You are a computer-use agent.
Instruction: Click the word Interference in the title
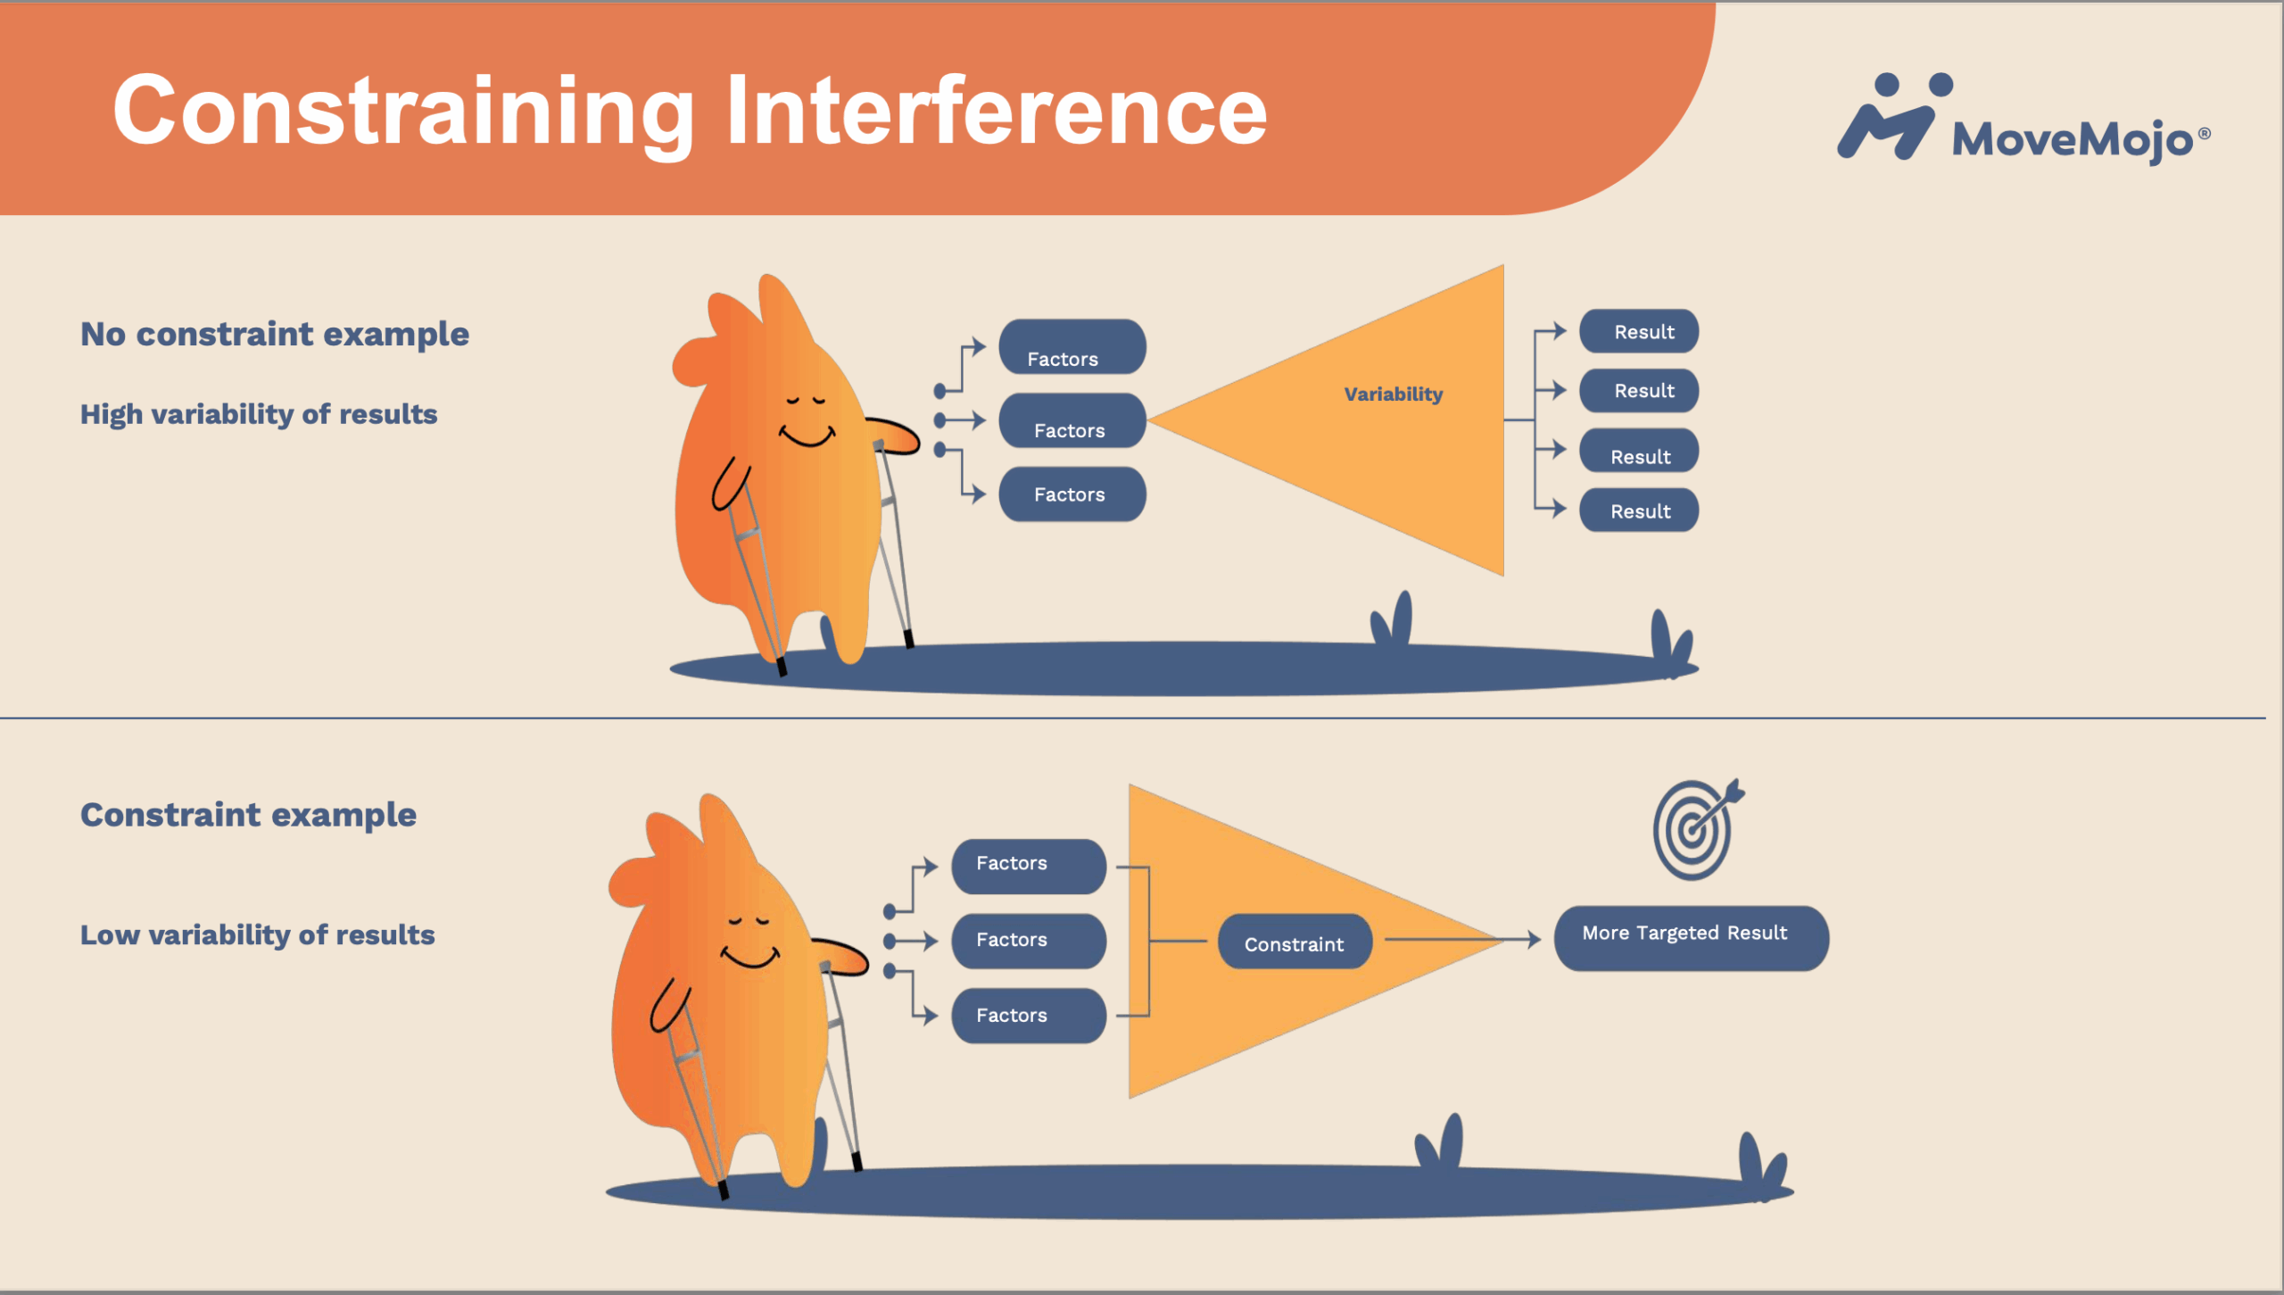click(x=997, y=112)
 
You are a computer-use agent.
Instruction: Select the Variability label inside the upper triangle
click(x=1393, y=394)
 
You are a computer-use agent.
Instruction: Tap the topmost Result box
click(x=1639, y=331)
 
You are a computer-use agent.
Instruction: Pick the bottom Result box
click(x=1639, y=511)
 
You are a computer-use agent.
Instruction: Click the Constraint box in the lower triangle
click(x=1295, y=942)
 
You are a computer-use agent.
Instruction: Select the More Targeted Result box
click(x=1691, y=938)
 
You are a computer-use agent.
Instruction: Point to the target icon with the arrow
click(x=1698, y=829)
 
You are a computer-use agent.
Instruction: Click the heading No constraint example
click(x=275, y=334)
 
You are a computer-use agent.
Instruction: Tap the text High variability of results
click(x=259, y=414)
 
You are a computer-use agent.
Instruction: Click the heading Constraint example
click(x=248, y=815)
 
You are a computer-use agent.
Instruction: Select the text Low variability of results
click(x=257, y=934)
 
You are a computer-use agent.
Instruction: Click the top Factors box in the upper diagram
click(x=1072, y=347)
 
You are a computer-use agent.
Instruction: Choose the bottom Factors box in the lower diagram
click(x=1029, y=1016)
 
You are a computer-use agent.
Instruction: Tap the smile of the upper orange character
click(x=807, y=436)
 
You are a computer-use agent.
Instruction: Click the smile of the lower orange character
click(x=750, y=958)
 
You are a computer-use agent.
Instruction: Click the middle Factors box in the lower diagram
click(x=1029, y=941)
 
